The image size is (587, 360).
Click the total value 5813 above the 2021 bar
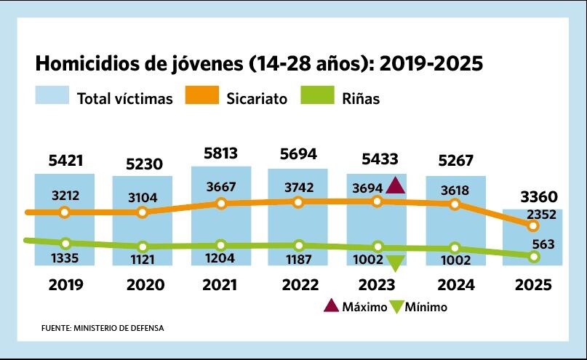pos(220,153)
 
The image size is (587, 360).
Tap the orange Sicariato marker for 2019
pos(65,212)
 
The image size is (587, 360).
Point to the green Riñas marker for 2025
pos(535,257)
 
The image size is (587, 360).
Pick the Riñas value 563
pos(543,244)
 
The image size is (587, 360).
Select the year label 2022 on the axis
pos(298,285)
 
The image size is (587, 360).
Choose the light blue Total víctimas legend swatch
pos(52,96)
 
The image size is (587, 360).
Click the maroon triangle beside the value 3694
pos(395,185)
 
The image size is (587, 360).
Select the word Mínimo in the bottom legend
pos(427,307)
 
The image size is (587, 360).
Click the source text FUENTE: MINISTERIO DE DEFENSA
pos(103,328)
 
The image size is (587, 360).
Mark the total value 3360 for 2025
pos(539,196)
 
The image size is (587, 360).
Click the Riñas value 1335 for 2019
pos(65,258)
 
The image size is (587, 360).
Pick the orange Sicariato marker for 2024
pos(455,204)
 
